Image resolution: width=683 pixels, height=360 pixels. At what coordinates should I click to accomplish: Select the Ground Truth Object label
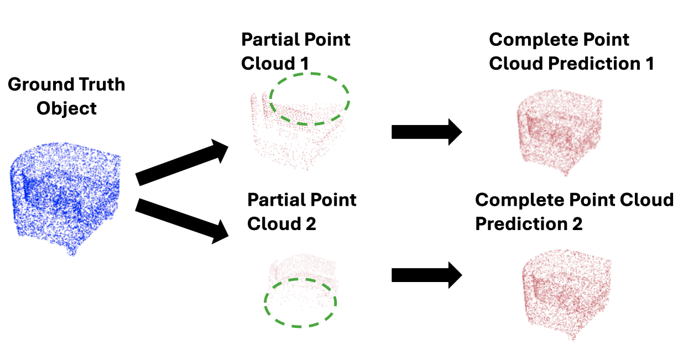[x=66, y=96]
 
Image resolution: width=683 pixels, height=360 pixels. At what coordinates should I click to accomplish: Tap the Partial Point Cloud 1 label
[x=295, y=51]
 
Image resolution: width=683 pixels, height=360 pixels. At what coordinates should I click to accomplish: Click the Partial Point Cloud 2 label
[x=301, y=211]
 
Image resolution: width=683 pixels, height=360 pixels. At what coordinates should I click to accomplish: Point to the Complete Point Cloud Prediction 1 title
[x=571, y=51]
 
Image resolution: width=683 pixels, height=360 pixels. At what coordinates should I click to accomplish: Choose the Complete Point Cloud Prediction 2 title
[x=574, y=211]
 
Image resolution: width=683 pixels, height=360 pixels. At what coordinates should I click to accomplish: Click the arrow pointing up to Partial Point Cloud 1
[x=183, y=163]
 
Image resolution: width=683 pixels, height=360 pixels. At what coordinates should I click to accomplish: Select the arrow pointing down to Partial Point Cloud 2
[x=183, y=220]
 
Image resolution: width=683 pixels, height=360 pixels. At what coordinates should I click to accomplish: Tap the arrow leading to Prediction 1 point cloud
[x=426, y=132]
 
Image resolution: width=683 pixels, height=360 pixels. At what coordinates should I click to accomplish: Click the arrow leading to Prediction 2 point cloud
[x=426, y=275]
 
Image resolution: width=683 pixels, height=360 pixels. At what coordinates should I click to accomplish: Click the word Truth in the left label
[x=99, y=85]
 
